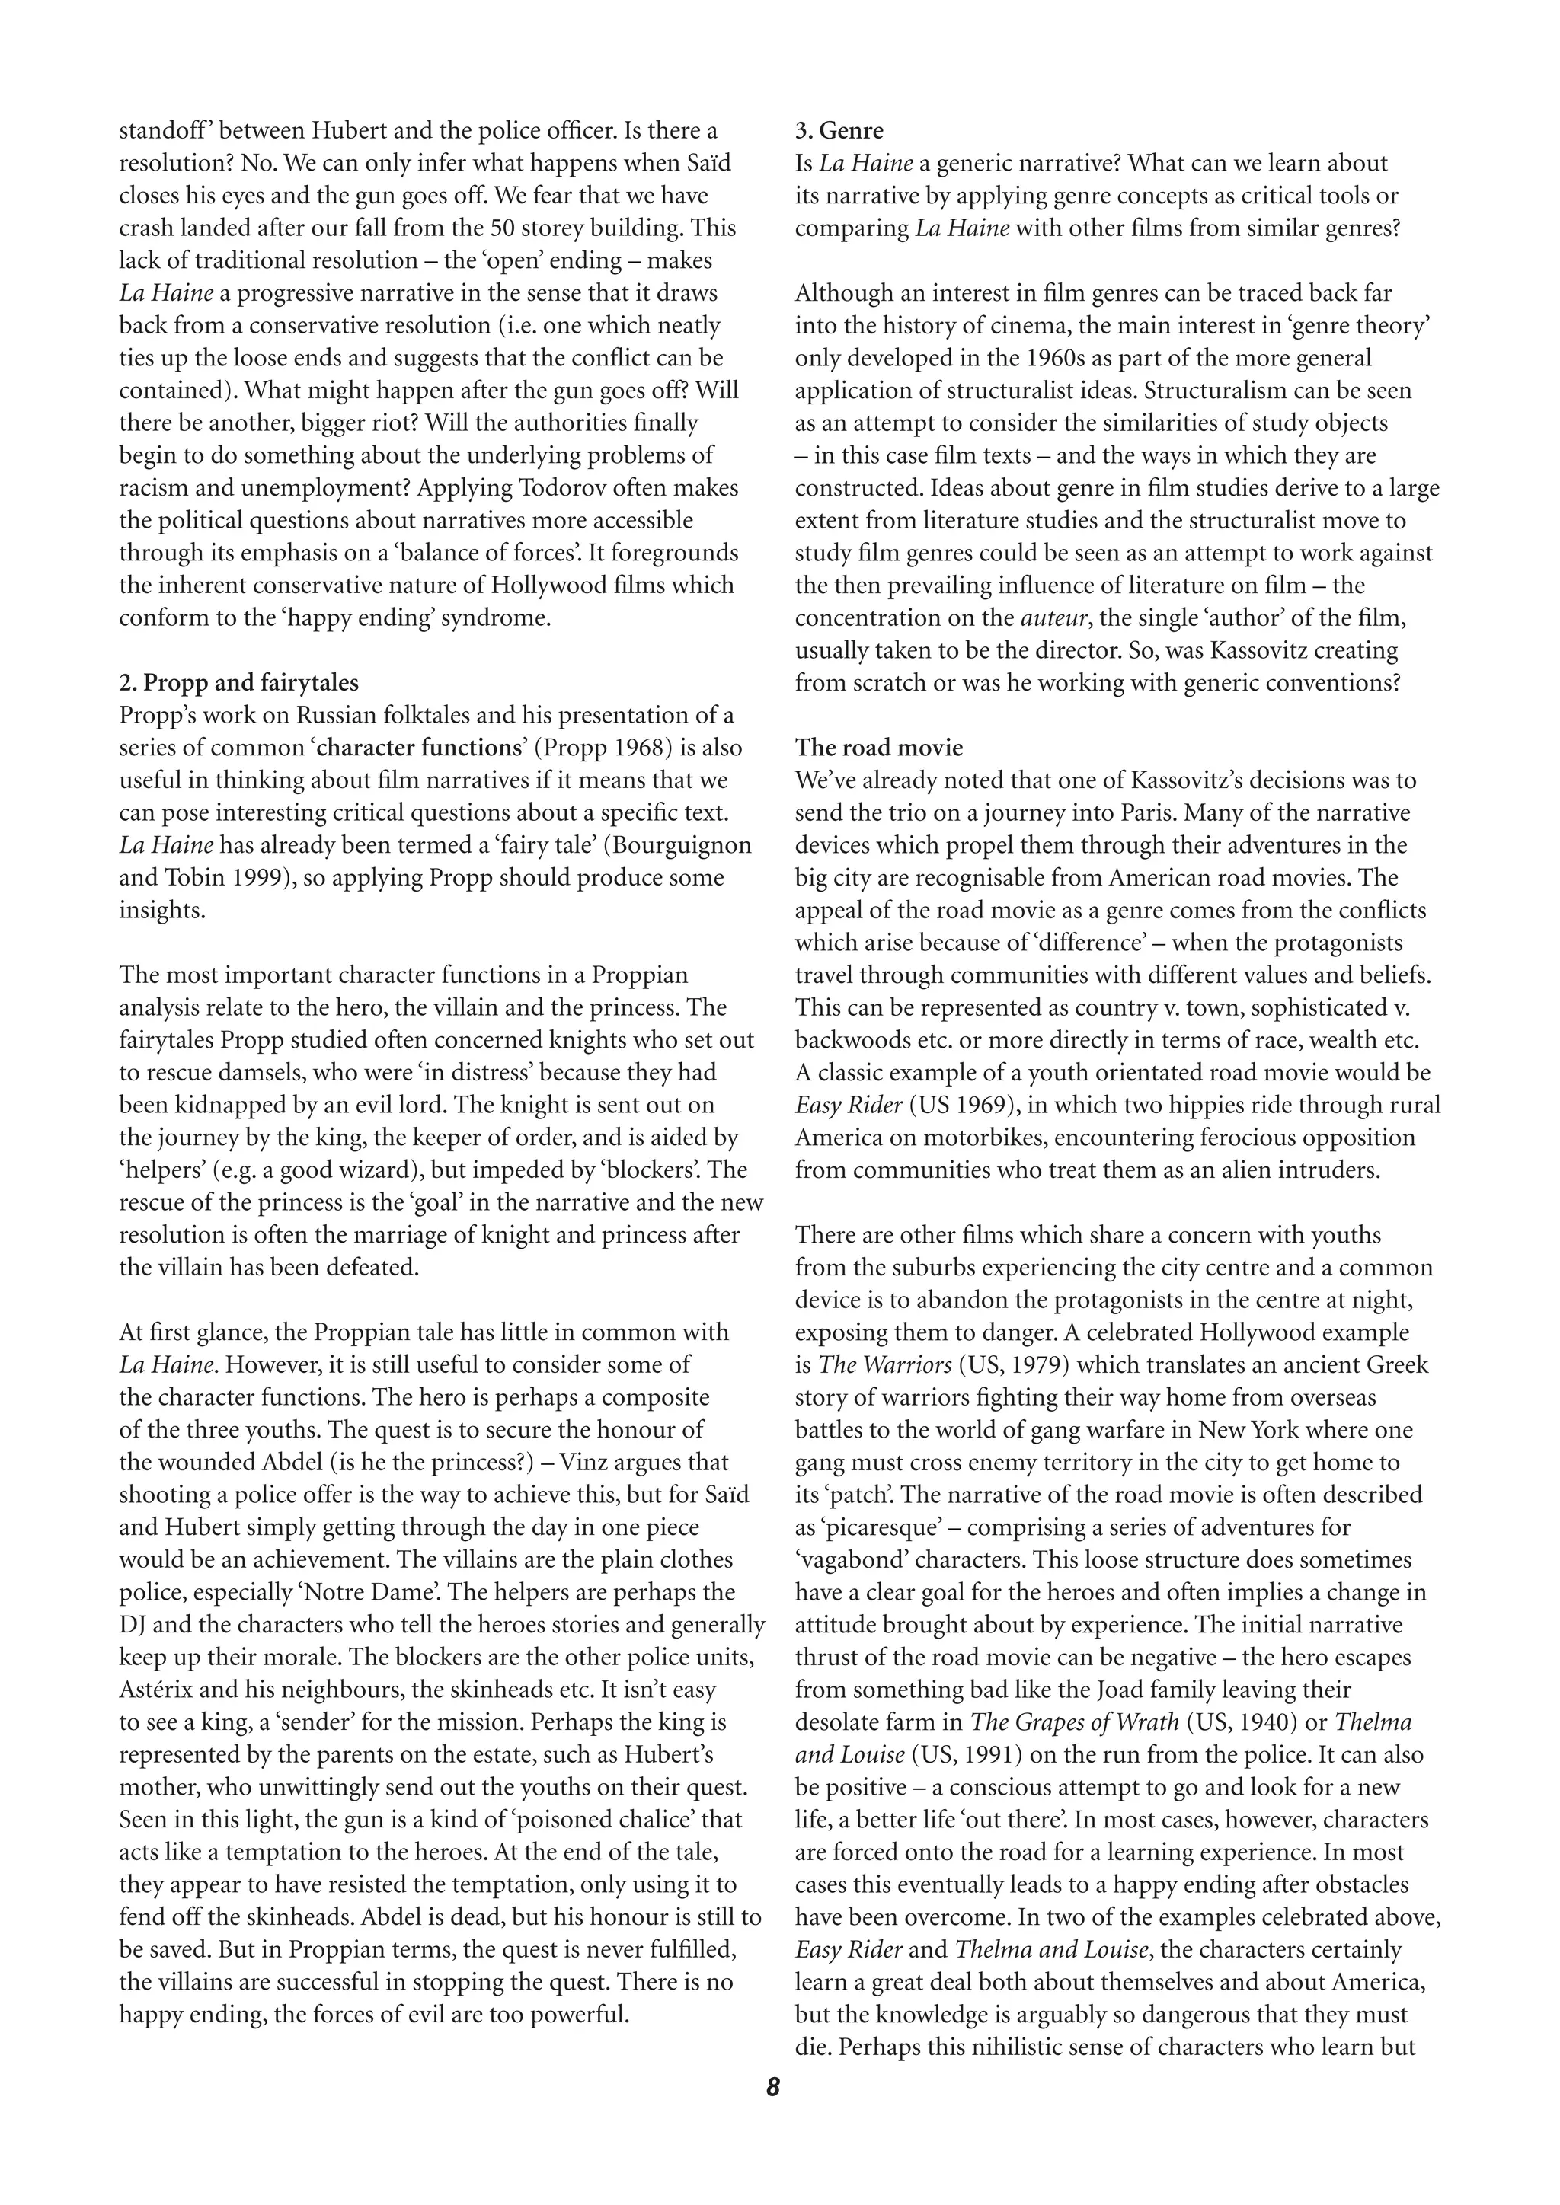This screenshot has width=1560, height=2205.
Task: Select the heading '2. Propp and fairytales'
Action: click(238, 683)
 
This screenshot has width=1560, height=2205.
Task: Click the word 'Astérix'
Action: click(158, 1690)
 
